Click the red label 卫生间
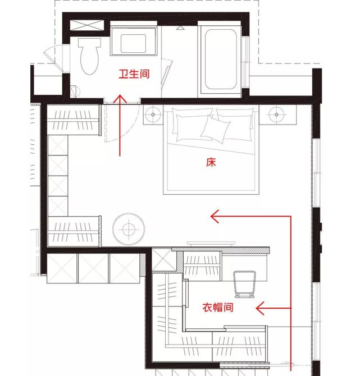(x=134, y=74)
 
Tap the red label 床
(x=211, y=162)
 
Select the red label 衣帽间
(x=218, y=307)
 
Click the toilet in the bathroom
(x=89, y=56)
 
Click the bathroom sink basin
(x=133, y=43)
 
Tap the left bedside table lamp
(x=153, y=114)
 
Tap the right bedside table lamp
(x=276, y=114)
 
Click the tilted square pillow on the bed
(x=215, y=129)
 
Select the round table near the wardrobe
(x=129, y=229)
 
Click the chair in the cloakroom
(x=244, y=284)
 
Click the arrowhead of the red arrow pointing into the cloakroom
(x=259, y=308)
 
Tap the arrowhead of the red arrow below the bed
(x=215, y=216)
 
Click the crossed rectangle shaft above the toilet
(x=87, y=25)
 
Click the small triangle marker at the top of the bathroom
(x=180, y=28)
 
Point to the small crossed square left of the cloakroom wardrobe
(x=165, y=260)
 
